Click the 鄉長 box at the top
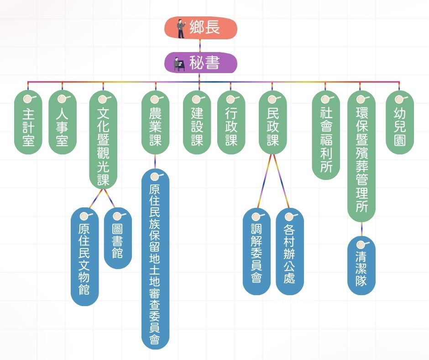point(201,28)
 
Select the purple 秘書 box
point(201,63)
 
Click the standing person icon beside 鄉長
point(181,28)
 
